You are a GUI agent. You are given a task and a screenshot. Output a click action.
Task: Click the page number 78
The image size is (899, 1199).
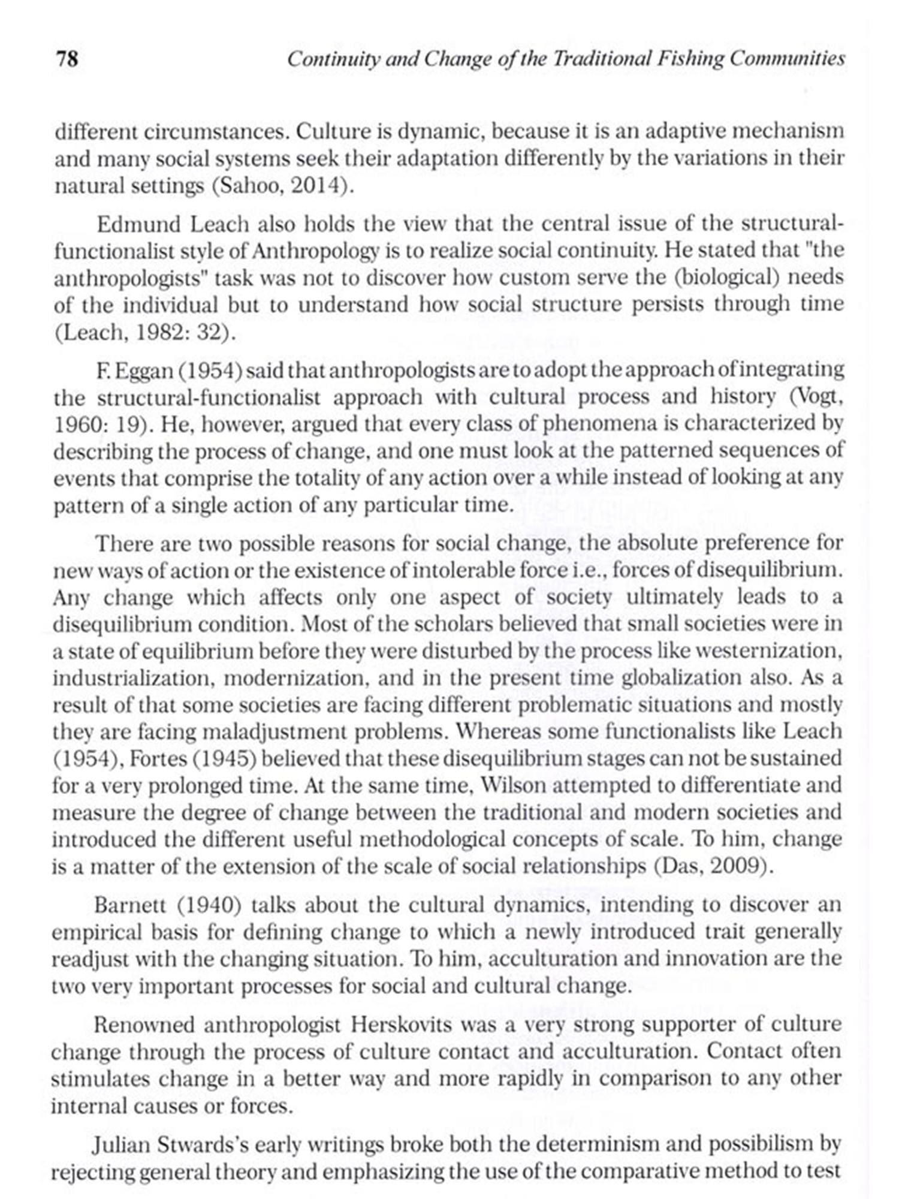click(x=67, y=59)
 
